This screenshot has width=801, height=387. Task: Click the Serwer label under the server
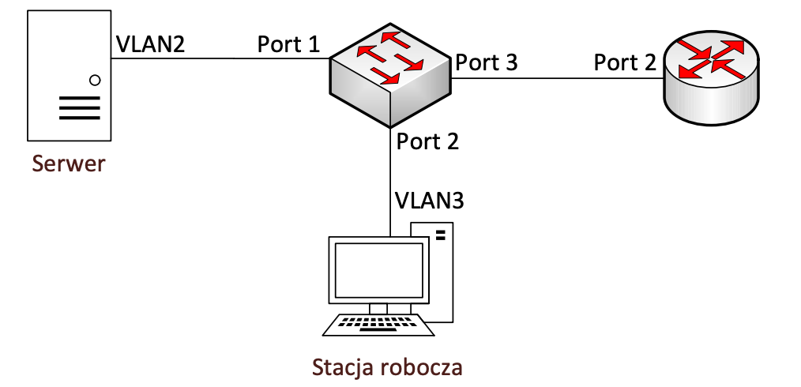click(x=68, y=165)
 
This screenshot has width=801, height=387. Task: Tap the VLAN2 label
click(x=150, y=43)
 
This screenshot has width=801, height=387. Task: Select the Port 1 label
click(x=288, y=44)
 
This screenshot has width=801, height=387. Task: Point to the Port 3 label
click(x=486, y=63)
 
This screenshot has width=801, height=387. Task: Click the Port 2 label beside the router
click(x=625, y=63)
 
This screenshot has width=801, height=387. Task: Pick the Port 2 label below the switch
click(x=427, y=141)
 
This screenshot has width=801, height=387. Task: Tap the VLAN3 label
click(x=429, y=199)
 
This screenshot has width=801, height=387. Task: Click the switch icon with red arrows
click(x=390, y=75)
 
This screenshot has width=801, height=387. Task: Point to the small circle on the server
click(x=95, y=80)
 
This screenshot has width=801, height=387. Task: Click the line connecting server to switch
click(x=213, y=58)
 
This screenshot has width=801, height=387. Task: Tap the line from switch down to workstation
click(x=391, y=182)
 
